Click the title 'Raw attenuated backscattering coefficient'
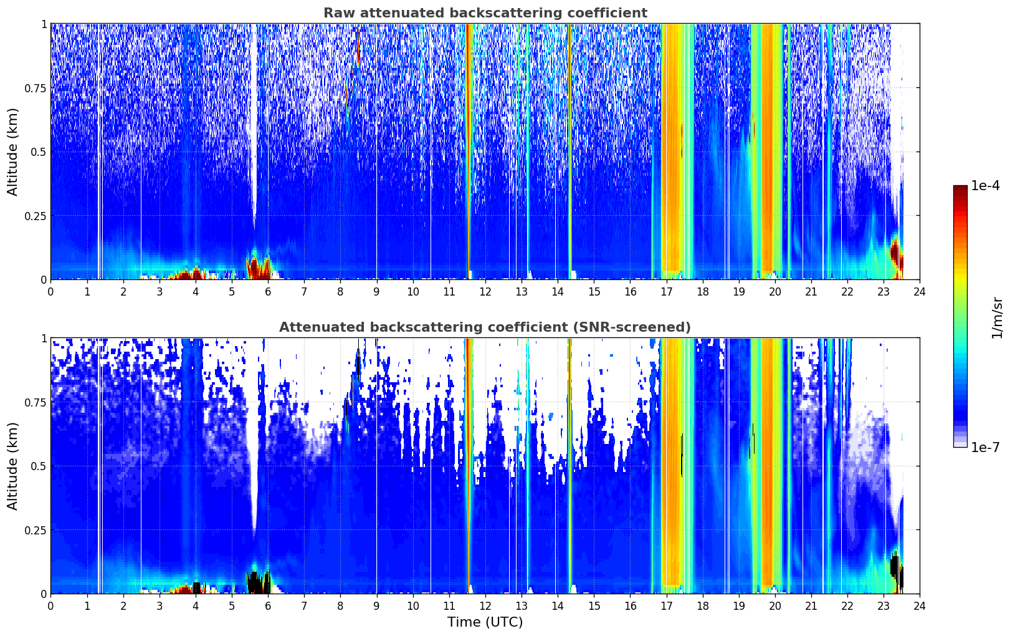(485, 12)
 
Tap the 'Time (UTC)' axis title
(485, 622)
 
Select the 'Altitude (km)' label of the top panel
(12, 152)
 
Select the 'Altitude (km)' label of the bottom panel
(12, 466)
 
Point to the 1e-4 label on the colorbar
(985, 185)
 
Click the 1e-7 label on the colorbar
(985, 448)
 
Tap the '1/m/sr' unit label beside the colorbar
(997, 317)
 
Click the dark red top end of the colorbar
(960, 188)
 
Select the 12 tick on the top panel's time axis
(485, 291)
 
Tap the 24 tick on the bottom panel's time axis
(920, 606)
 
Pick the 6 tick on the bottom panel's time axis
(268, 606)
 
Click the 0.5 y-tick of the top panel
(39, 152)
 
